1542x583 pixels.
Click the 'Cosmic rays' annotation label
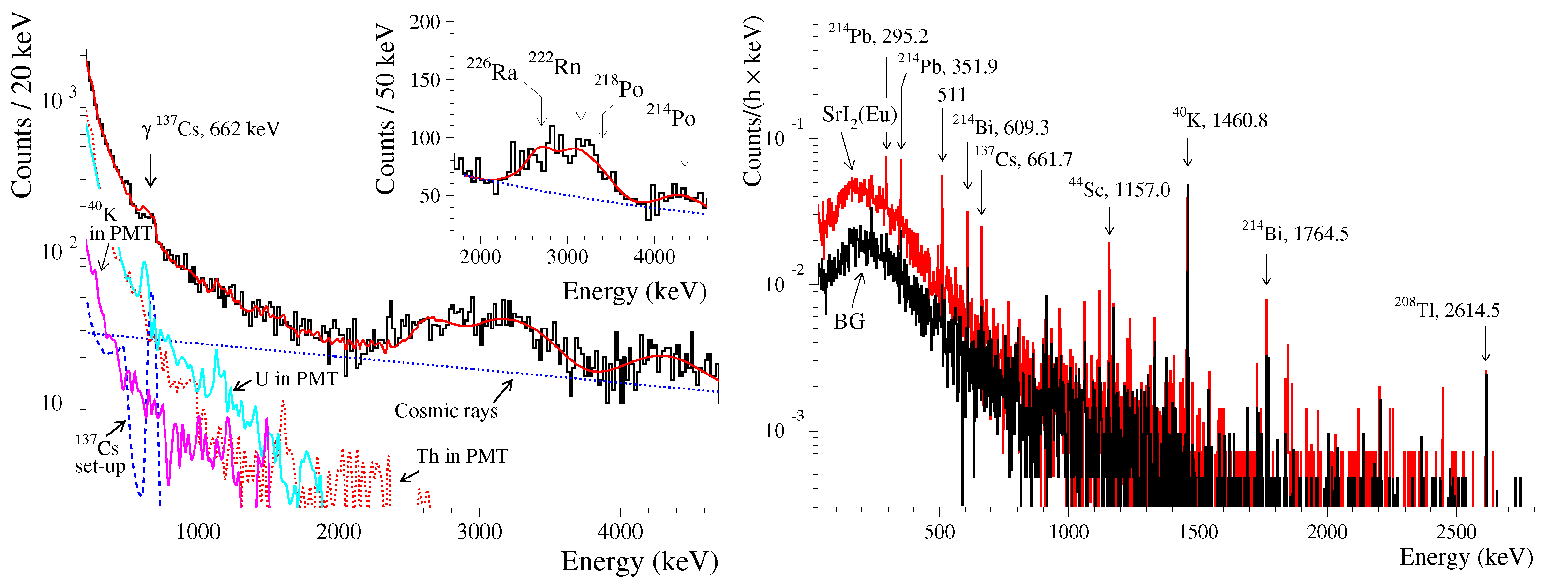click(x=446, y=411)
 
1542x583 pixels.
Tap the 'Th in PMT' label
click(x=462, y=456)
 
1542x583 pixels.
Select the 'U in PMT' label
click(x=296, y=378)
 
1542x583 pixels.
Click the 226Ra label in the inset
click(x=492, y=70)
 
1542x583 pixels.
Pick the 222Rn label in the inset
click(x=555, y=63)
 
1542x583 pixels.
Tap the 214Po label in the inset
click(x=671, y=115)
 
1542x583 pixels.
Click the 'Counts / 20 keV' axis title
click(x=22, y=106)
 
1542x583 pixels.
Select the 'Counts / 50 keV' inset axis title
click(x=386, y=109)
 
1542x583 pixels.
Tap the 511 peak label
click(x=952, y=94)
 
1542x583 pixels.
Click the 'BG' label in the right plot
click(x=850, y=321)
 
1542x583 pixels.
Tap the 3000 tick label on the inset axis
click(x=567, y=257)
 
